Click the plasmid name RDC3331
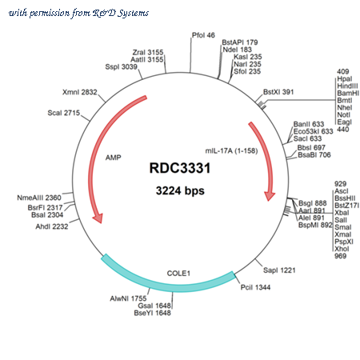[180, 168]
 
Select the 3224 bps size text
[180, 191]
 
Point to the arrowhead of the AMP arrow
[98, 218]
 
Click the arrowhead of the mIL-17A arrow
[270, 196]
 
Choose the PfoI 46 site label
[203, 35]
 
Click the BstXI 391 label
[278, 92]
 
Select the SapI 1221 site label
[279, 270]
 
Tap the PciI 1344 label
[255, 287]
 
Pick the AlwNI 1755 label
[128, 298]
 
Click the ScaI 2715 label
[64, 113]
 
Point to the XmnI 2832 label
[80, 92]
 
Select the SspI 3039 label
[121, 66]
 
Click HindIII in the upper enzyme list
[347, 86]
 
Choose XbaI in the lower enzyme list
[342, 213]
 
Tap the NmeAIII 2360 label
[39, 198]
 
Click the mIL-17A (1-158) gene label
[231, 151]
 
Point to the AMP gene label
[113, 158]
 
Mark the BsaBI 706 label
[314, 155]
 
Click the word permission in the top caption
[50, 13]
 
